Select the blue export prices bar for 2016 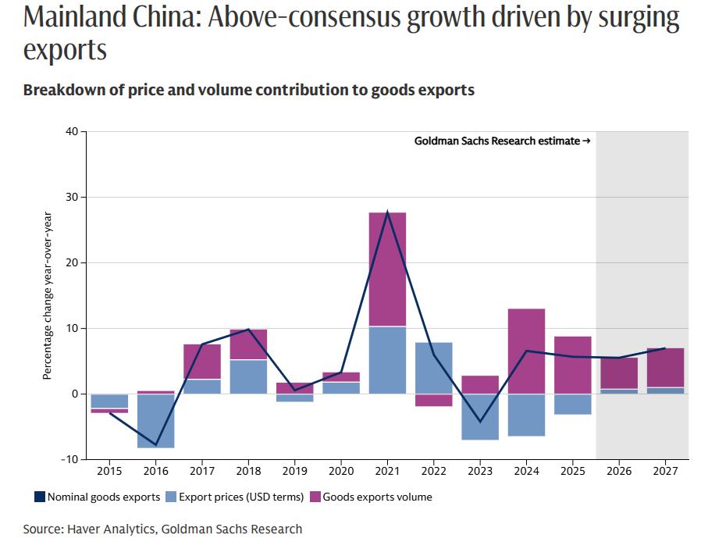(155, 420)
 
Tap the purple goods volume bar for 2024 (526, 351)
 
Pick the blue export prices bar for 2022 (433, 368)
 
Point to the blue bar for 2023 (480, 416)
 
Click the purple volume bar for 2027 (665, 367)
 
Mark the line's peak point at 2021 (387, 212)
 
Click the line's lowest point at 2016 (155, 445)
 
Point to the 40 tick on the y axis (72, 131)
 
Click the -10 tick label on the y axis (69, 459)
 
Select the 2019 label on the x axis (294, 472)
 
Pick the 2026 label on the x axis (619, 472)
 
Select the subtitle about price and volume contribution (248, 90)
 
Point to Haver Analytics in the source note (112, 529)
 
